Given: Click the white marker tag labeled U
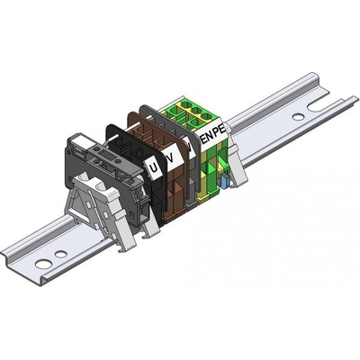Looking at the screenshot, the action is (154, 167).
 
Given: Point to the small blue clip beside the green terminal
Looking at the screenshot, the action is (225, 182).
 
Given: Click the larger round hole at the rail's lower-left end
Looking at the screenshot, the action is (43, 264).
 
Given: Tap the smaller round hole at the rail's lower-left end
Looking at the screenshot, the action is (61, 255).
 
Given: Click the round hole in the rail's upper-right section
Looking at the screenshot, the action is (298, 117).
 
